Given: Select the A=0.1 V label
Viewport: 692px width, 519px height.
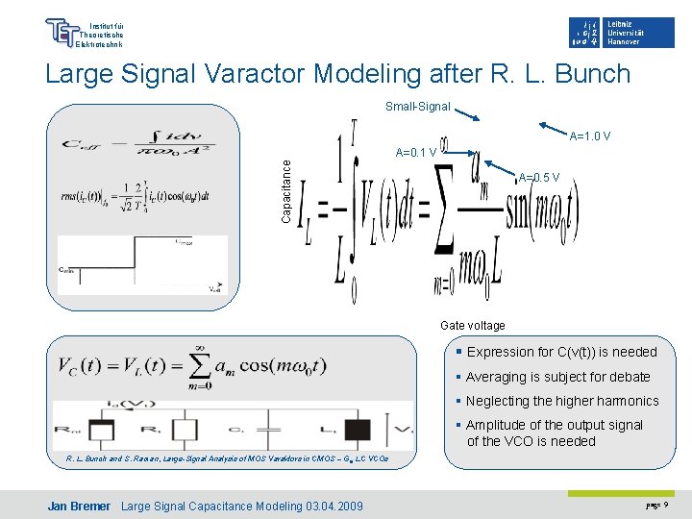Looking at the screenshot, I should tap(416, 152).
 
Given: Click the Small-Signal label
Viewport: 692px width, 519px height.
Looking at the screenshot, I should tap(417, 107).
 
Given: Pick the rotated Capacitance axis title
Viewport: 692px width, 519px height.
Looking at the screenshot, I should tap(286, 190).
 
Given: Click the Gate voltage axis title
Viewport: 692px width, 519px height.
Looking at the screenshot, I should tap(472, 326).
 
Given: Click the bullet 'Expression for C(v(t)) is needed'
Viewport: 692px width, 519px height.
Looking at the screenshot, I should tap(561, 352).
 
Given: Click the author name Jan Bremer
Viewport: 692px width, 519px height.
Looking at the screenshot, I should tap(79, 507).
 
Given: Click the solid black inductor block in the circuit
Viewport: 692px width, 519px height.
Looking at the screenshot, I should tap(358, 430).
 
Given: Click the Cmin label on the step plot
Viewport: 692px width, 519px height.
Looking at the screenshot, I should tap(66, 271).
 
